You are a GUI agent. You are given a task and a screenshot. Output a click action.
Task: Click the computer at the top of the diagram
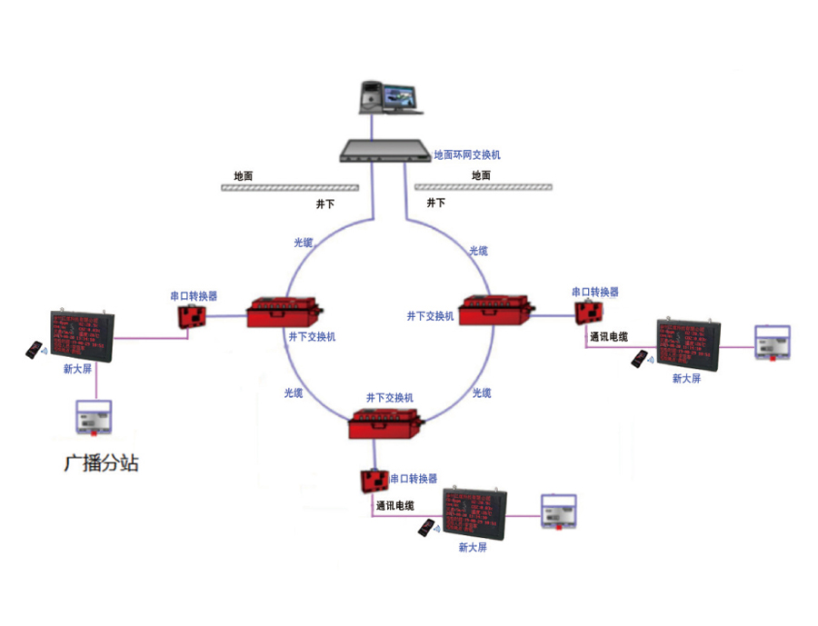point(390,97)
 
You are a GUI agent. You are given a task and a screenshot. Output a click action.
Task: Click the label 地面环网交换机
point(466,155)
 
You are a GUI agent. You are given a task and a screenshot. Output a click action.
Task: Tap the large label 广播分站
point(102,462)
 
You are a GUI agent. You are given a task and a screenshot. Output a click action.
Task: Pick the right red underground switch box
point(494,309)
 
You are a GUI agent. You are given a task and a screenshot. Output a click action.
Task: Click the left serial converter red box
point(192,315)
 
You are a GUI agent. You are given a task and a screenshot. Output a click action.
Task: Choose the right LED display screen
point(687,345)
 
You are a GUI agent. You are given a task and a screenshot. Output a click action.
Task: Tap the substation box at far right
point(775,343)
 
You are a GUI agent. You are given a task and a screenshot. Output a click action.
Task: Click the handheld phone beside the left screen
point(34,350)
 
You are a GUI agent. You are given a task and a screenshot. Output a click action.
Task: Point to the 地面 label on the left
point(244,175)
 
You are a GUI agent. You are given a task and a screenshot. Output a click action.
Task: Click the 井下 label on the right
point(436,202)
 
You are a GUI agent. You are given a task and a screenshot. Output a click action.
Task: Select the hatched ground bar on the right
point(483,187)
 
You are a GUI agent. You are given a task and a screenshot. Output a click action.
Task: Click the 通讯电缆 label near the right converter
point(608,336)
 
